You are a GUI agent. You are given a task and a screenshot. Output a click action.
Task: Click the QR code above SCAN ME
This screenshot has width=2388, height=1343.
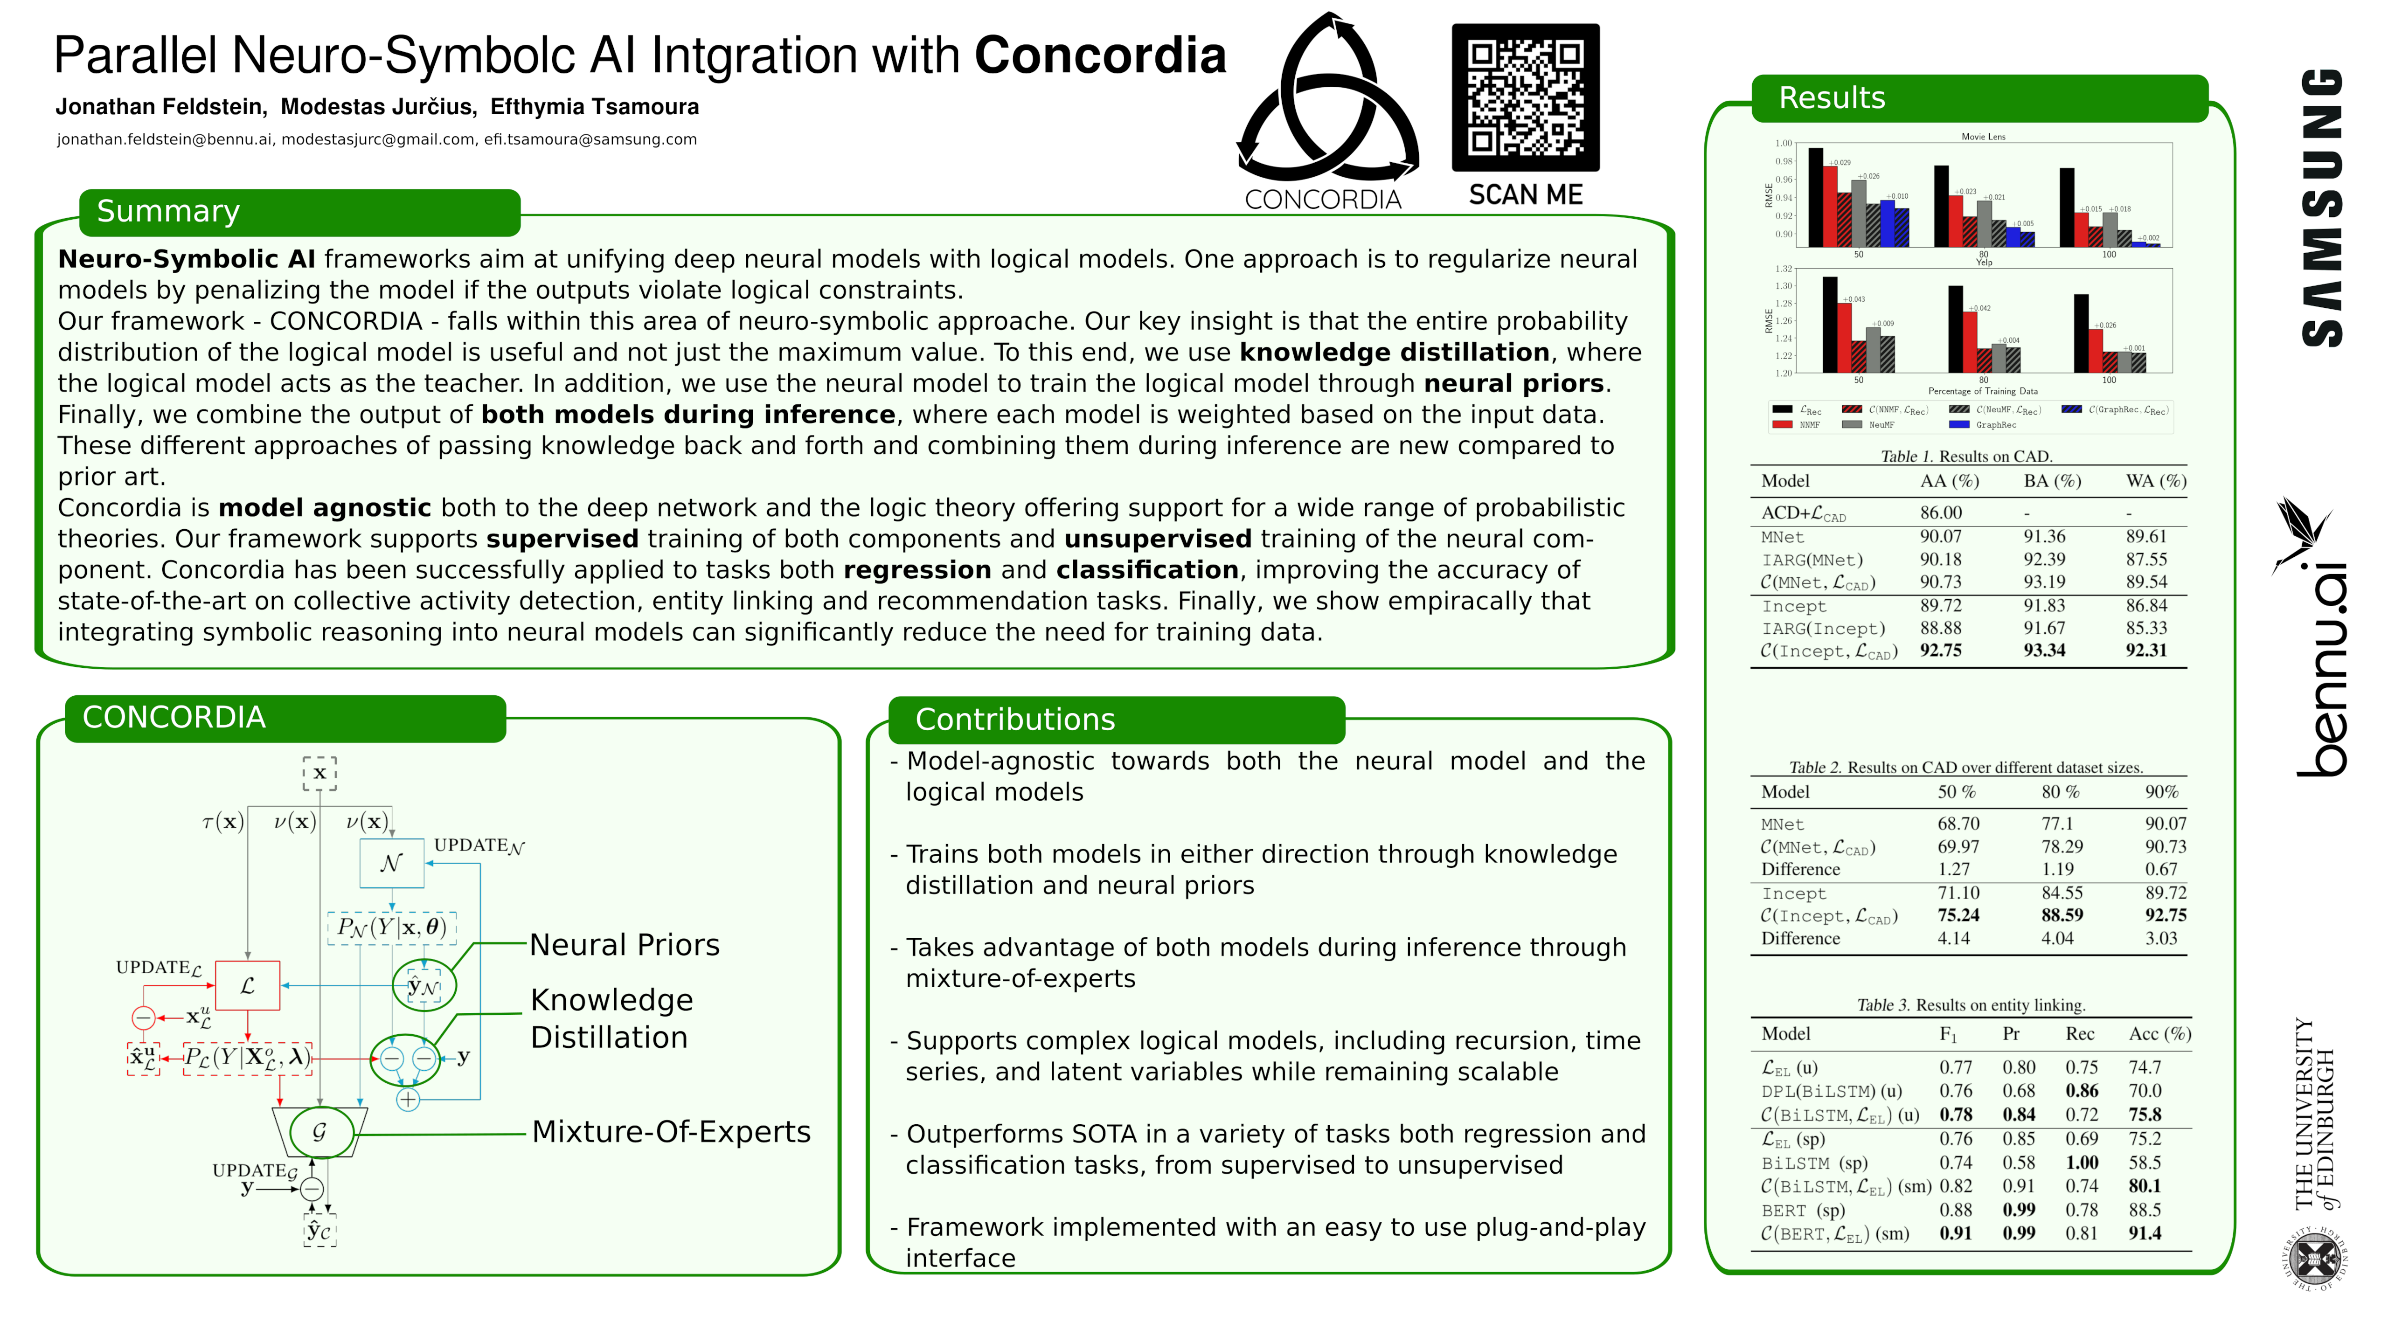click(x=1525, y=97)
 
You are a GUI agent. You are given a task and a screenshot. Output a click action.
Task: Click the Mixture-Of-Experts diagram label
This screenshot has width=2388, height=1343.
click(x=671, y=1132)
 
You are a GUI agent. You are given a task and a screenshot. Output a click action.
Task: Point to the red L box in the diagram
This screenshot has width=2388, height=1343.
click(x=247, y=985)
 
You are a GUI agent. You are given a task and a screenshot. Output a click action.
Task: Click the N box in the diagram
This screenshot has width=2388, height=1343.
click(x=391, y=863)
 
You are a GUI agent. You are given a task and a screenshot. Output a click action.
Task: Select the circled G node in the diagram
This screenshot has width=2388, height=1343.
click(x=320, y=1132)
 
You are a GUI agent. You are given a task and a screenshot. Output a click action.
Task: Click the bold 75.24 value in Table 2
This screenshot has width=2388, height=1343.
click(x=1958, y=915)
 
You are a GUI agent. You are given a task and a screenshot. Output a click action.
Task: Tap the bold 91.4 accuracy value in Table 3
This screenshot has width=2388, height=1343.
click(x=2144, y=1232)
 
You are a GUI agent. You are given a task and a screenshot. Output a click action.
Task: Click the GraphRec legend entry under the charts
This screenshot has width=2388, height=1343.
click(x=1994, y=424)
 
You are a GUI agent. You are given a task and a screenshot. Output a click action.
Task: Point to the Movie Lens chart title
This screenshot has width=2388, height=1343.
click(x=1983, y=136)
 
